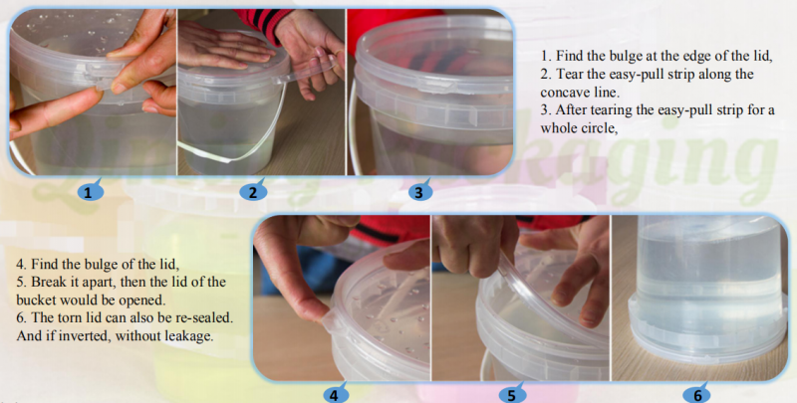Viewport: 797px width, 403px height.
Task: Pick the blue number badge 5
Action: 510,394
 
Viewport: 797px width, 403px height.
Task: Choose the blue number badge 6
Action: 697,394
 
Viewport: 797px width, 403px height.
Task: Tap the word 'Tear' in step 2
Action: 571,74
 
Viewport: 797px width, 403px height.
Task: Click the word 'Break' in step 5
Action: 52,283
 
